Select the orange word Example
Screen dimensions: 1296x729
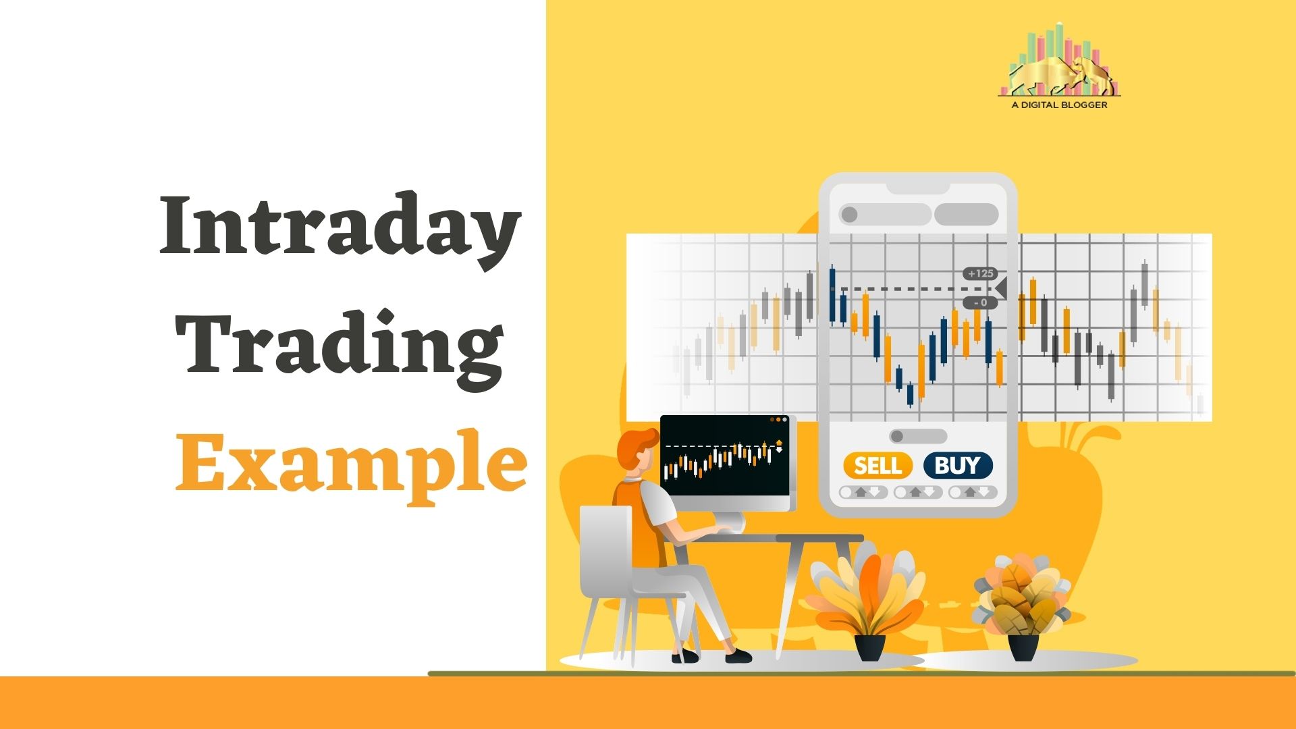351,463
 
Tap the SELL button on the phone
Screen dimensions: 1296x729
878,466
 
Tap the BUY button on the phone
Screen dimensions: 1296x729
958,466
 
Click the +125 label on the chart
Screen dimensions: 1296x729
981,273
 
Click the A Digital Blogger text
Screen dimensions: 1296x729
1059,105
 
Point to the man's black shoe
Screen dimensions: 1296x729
738,655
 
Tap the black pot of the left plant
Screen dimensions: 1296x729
869,647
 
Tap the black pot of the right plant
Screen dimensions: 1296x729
1023,647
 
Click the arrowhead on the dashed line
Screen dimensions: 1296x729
1001,288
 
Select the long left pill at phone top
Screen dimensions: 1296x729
885,215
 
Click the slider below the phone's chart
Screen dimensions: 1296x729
918,436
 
